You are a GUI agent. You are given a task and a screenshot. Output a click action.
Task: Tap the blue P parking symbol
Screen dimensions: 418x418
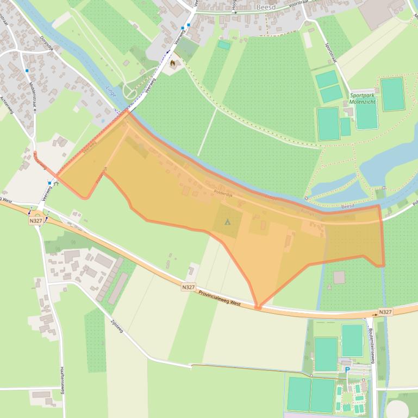coord(347,370)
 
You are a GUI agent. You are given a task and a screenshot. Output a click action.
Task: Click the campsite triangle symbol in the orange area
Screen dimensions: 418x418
coord(228,221)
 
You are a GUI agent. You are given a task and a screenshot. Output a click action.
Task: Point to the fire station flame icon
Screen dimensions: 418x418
coord(173,64)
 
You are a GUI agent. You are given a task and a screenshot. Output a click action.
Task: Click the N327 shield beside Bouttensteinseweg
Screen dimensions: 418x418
coord(385,312)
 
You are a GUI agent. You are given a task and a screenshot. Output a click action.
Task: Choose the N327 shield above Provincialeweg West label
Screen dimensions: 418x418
coord(188,287)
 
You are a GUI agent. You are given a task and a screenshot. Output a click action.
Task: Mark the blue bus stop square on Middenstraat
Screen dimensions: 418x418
coord(27,71)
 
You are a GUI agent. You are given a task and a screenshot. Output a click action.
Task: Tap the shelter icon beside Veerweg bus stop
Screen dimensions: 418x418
coord(56,183)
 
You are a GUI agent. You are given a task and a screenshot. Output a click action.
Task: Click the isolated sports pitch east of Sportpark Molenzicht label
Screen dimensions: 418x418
coord(392,94)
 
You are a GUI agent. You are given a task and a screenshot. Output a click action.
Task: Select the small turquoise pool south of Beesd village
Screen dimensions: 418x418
coord(224,45)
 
